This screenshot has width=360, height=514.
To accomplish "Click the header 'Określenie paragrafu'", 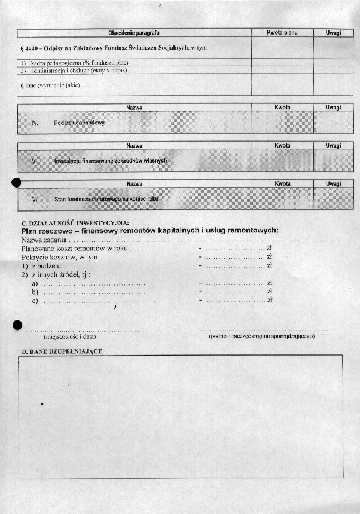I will coord(134,32).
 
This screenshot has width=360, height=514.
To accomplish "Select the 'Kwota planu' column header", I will coord(282,32).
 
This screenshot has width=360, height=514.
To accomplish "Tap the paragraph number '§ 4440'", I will coord(29,47).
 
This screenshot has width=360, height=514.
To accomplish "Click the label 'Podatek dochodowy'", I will coord(79,123).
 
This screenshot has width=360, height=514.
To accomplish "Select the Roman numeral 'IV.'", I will coord(35,123).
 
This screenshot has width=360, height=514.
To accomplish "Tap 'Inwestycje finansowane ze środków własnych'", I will coord(110,161).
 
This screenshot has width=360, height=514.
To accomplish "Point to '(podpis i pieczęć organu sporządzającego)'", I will coord(262,336).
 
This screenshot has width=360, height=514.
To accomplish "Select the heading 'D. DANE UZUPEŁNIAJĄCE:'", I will coord(63,351).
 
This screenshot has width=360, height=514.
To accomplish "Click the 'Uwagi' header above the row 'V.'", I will coord(333,146).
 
